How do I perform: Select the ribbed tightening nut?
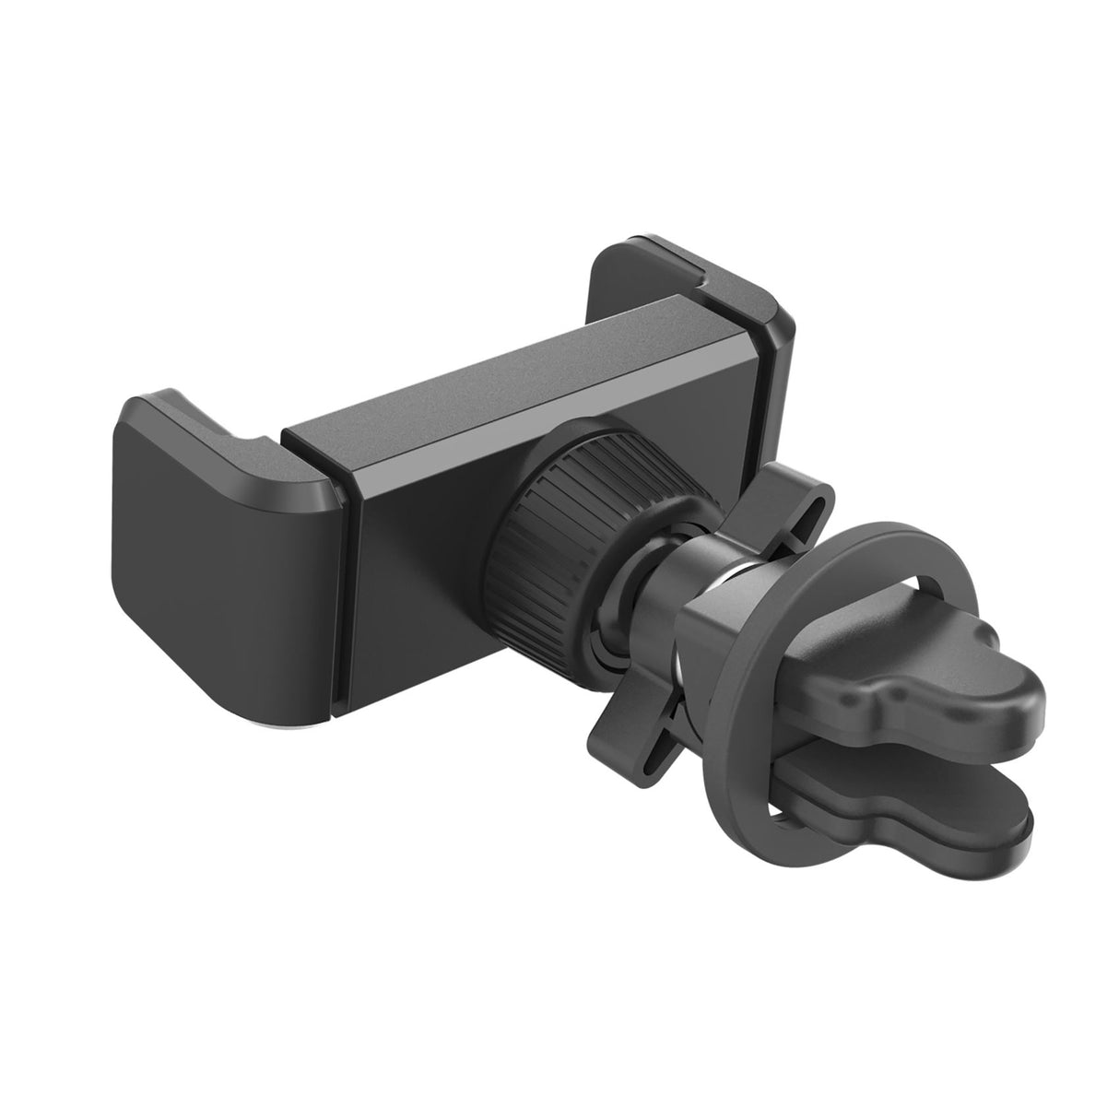click(553, 516)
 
